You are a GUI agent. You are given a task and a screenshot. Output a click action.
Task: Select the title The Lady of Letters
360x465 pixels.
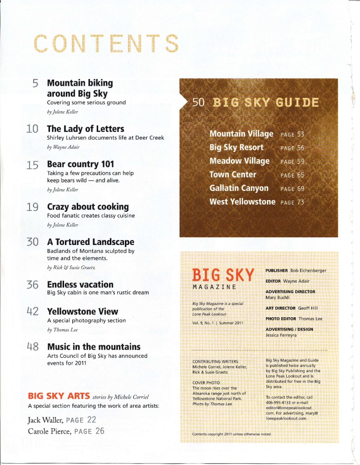[85, 129]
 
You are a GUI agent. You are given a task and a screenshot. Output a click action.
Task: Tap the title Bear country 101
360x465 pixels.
[80, 164]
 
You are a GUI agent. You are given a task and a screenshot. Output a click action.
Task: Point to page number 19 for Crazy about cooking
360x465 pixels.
[32, 207]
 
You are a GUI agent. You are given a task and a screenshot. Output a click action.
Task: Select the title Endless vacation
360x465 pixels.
[80, 284]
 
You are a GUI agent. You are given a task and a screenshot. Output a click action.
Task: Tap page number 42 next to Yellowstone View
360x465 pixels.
[32, 312]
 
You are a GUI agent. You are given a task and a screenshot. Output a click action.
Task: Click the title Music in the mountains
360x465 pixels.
[94, 347]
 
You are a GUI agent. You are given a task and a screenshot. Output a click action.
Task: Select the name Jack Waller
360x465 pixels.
[44, 419]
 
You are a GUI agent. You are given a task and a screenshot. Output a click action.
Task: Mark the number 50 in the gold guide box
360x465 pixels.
[199, 102]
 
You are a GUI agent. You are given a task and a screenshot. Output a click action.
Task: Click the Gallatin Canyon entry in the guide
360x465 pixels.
[239, 188]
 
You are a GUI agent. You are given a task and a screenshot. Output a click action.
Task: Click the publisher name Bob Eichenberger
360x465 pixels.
[308, 270]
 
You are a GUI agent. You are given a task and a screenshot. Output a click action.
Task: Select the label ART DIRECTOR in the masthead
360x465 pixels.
[281, 308]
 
